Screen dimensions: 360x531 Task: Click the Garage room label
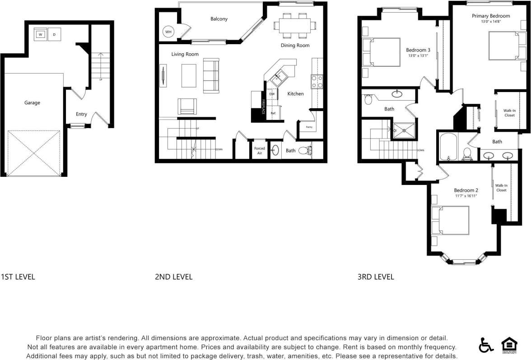[x=32, y=103]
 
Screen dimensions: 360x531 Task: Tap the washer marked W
[x=40, y=34]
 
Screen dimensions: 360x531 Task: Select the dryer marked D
[x=54, y=34]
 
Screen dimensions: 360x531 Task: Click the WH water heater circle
[x=168, y=32]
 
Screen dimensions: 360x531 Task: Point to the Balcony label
[x=219, y=19]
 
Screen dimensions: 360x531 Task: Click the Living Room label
[x=185, y=55]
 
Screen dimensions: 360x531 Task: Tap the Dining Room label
[x=295, y=46]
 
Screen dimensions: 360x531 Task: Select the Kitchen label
[x=296, y=94]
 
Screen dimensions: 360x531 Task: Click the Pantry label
[x=309, y=127]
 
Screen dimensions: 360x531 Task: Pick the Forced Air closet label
[x=260, y=151]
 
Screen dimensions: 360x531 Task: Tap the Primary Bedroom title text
[x=491, y=16]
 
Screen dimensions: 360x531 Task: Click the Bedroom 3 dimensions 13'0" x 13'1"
[x=418, y=56]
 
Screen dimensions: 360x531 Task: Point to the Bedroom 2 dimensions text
[x=466, y=196]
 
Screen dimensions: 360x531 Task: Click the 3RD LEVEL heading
[x=375, y=277]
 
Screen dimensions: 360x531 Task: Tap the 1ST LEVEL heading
[x=18, y=277]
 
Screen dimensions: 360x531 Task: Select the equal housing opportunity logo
[x=509, y=345]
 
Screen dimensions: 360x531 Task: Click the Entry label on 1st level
[x=81, y=115]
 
